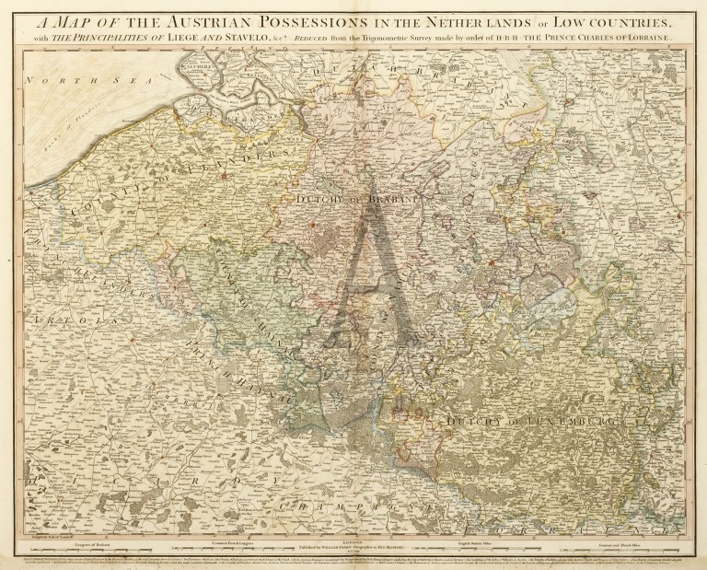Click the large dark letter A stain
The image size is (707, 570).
[x=368, y=267]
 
